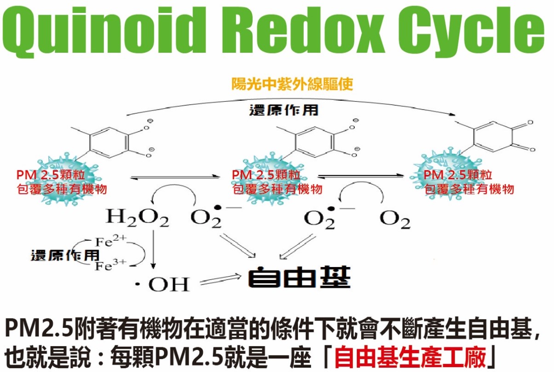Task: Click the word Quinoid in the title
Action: click(x=104, y=31)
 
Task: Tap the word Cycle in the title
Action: click(x=471, y=31)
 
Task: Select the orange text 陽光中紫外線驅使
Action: click(x=292, y=84)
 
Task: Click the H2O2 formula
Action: click(x=137, y=218)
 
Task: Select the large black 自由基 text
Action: click(x=299, y=277)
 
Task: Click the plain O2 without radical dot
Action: click(x=395, y=220)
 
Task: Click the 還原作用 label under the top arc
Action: click(x=284, y=110)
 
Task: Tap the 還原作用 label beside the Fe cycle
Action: click(x=65, y=256)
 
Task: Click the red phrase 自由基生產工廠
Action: click(x=410, y=357)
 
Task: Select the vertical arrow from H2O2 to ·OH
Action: click(x=153, y=250)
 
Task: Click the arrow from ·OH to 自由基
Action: click(x=220, y=279)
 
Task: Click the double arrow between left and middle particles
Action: click(x=175, y=177)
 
